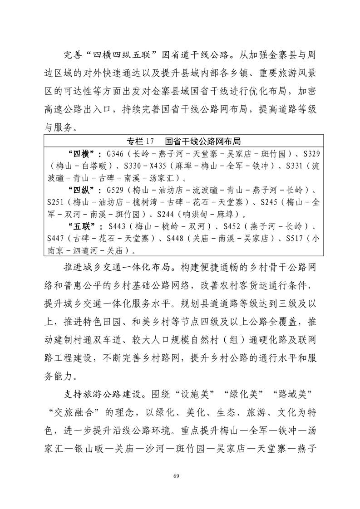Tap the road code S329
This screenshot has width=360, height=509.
pos(308,153)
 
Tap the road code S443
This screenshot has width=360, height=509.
pos(116,226)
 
